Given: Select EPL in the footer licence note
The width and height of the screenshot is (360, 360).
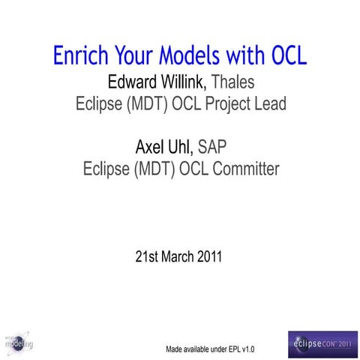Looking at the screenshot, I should click(231, 349).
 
